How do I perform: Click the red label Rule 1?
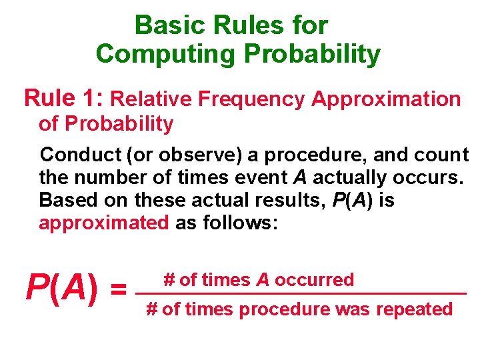(x=63, y=98)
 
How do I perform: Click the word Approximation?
(x=386, y=99)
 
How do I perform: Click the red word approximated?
(x=103, y=223)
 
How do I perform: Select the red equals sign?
(x=119, y=290)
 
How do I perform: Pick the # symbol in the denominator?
(x=151, y=309)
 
